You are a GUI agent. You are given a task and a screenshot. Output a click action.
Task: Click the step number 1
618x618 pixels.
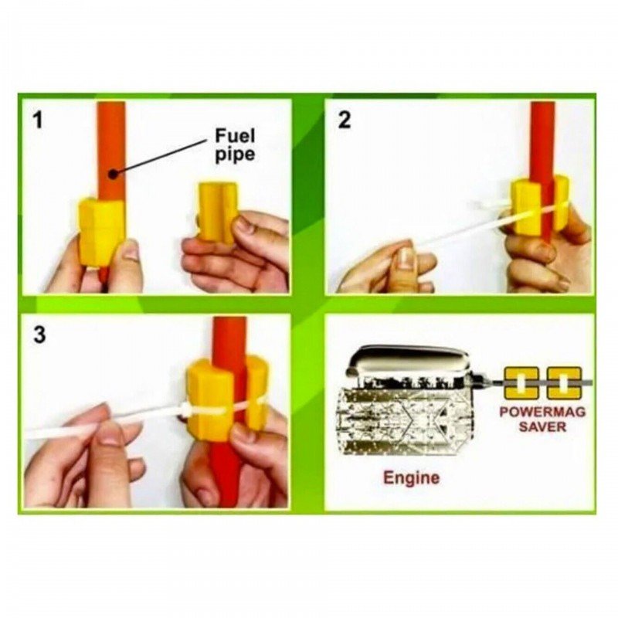point(38,120)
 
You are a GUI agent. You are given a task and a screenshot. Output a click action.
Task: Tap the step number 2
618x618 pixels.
point(344,120)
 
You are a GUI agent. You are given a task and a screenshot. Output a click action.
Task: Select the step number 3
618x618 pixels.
point(40,335)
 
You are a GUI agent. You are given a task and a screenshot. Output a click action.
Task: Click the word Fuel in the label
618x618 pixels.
point(235,136)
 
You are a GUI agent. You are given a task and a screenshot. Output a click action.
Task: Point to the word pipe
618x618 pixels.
point(235,154)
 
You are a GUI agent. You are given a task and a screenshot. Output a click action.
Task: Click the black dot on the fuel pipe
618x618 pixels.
point(113,173)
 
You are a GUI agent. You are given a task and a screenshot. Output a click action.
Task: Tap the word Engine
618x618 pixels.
point(412,477)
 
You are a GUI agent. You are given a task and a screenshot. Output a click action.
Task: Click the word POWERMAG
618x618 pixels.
point(542,412)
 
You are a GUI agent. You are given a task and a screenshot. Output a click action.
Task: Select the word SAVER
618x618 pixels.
point(542,426)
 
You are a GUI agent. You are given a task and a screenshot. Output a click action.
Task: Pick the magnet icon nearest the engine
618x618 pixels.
point(521,382)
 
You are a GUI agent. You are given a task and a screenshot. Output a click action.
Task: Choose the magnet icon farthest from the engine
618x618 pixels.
point(564,382)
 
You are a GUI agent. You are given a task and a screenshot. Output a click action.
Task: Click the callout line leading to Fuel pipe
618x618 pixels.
point(161,157)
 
